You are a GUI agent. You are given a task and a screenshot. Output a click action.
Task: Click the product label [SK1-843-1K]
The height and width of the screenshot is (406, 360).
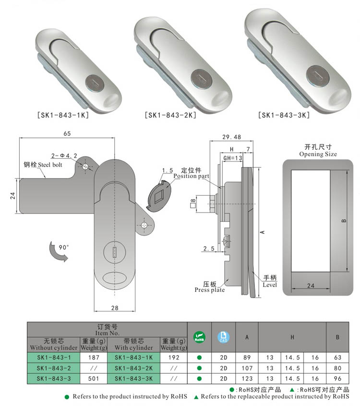[x=63, y=115]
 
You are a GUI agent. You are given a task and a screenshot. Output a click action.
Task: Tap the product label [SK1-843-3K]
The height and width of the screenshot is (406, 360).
[x=284, y=115]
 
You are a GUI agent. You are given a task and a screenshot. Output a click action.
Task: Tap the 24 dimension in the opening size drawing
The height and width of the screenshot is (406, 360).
[x=311, y=286]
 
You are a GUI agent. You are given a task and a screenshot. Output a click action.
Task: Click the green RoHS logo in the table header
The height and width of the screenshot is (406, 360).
[x=199, y=337]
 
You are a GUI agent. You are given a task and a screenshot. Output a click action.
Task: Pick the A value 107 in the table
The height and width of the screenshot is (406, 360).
[x=247, y=368]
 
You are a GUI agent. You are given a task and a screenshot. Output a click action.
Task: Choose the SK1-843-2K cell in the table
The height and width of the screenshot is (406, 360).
[x=133, y=368]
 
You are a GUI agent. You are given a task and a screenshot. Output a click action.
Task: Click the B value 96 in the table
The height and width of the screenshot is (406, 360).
[x=337, y=379]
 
